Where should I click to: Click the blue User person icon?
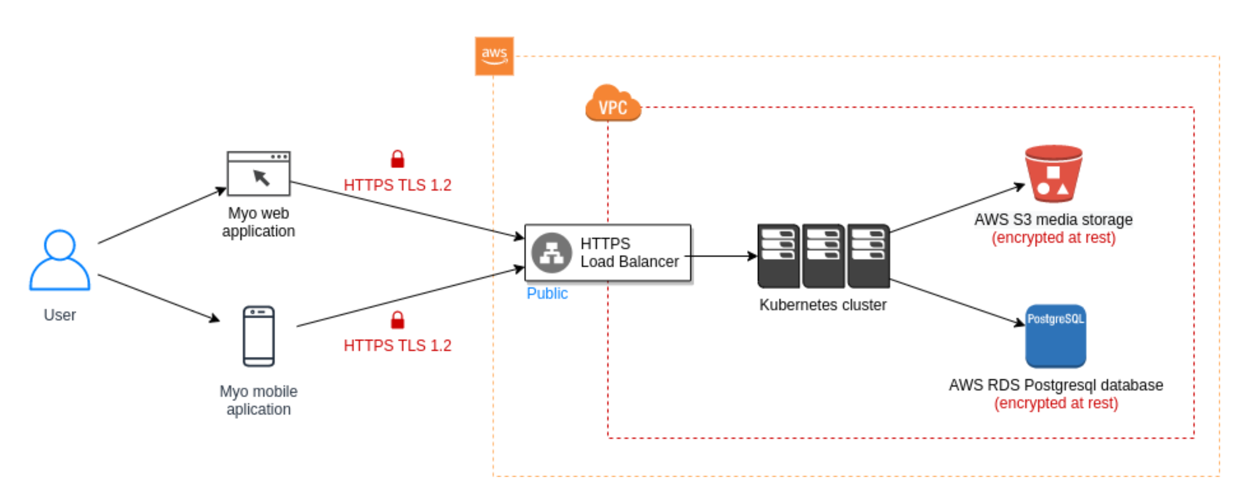click(60, 260)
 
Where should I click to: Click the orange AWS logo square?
click(493, 56)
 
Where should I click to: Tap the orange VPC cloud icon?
click(612, 103)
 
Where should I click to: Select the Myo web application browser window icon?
click(258, 173)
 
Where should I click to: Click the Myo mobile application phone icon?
click(258, 336)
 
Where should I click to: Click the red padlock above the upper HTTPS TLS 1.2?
click(397, 159)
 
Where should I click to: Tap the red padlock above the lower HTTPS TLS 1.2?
click(397, 320)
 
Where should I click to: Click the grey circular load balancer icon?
click(551, 253)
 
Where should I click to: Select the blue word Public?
click(547, 294)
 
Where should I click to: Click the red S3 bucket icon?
click(1053, 174)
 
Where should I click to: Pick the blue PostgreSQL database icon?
click(1055, 336)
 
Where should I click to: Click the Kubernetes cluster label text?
click(822, 305)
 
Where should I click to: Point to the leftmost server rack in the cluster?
click(778, 255)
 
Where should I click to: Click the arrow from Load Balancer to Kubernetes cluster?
click(722, 256)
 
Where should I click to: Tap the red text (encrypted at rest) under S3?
click(1053, 238)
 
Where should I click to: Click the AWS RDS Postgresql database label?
click(1055, 385)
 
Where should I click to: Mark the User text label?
click(60, 315)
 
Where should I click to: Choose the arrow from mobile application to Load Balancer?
click(410, 297)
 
